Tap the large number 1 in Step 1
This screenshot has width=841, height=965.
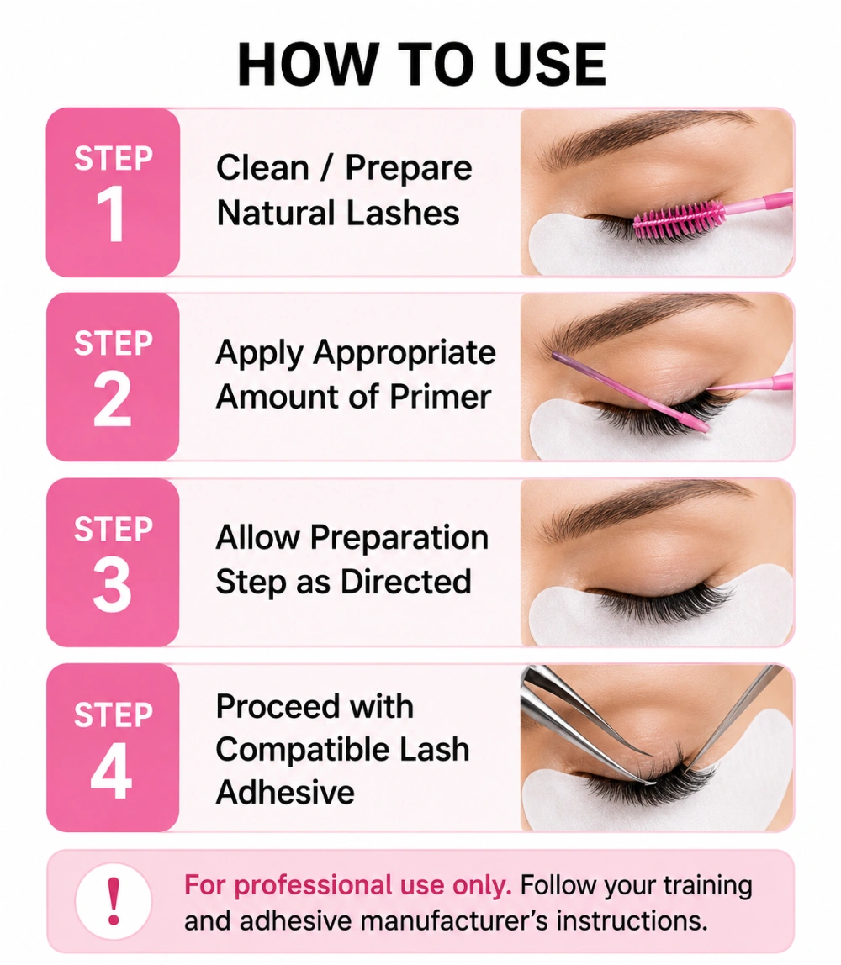coord(111,214)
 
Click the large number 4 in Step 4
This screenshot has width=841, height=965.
coord(112,770)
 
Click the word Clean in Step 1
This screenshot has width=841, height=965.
coord(262,167)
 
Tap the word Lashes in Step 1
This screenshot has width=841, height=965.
coord(403,213)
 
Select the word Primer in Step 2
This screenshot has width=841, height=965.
coord(440,397)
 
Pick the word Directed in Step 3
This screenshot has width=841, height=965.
coord(405,582)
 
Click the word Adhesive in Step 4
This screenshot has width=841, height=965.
coord(285,792)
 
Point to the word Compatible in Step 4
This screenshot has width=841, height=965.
coord(302,750)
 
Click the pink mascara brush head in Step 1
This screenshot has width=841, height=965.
coord(678,220)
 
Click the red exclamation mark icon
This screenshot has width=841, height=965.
coord(114,901)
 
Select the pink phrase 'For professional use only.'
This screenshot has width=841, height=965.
coord(348,885)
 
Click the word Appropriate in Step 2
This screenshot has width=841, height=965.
coord(405,353)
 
